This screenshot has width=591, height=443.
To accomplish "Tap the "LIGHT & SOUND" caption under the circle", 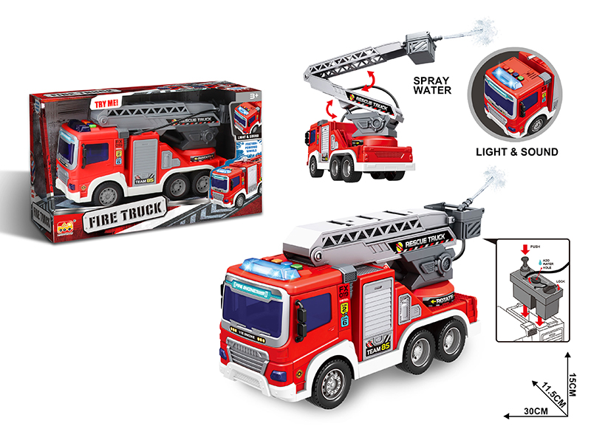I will (x=516, y=152).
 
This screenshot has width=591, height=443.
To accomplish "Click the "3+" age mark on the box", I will (x=253, y=96).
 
